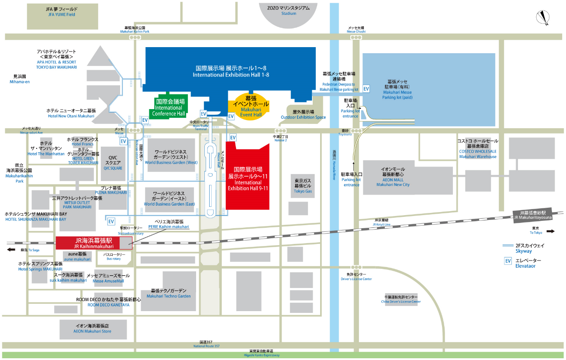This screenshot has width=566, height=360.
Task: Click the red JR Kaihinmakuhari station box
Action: [94, 243]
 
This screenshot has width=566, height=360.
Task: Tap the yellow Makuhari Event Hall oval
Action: [251, 107]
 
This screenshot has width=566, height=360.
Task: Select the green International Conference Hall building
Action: [169, 107]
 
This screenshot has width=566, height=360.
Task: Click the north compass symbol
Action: [543, 17]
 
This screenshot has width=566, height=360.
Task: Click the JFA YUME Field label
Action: [62, 12]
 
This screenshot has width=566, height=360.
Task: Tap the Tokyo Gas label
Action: [303, 186]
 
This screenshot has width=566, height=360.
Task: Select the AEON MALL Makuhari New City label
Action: [393, 177]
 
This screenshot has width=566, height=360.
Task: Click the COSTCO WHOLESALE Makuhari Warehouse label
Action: [477, 149]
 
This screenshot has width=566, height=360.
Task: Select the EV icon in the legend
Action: [508, 261]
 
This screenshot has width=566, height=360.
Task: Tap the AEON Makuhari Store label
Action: [92, 329]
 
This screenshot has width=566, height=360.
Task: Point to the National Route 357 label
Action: [206, 344]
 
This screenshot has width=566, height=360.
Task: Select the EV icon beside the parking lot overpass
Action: [366, 89]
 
